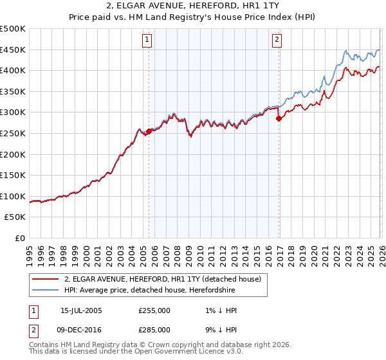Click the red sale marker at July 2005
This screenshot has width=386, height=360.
tap(149, 131)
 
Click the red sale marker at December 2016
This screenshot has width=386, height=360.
tap(279, 118)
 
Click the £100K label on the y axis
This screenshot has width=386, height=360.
tap(13, 196)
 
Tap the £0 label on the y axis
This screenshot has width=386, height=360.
tap(21, 238)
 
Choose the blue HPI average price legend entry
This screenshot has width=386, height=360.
tap(149, 291)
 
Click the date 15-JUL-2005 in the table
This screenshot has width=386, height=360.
tap(81, 310)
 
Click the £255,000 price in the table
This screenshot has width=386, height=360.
tap(154, 310)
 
